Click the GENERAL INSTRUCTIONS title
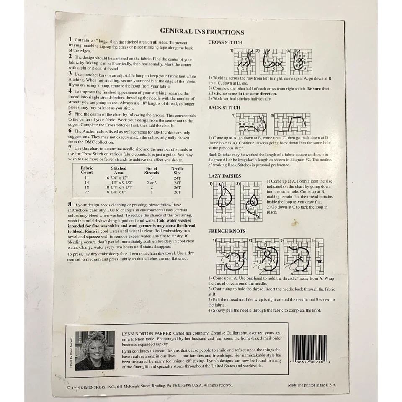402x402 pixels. [x=202, y=32]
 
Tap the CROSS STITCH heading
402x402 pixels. [x=225, y=42]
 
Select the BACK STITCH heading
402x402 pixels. [x=224, y=108]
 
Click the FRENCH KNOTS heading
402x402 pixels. [x=227, y=231]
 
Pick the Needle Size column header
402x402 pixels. [x=178, y=170]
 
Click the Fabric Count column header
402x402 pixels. [x=87, y=170]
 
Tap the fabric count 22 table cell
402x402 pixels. [x=87, y=192]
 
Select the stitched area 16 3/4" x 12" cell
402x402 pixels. [x=119, y=178]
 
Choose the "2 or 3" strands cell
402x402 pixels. [x=151, y=183]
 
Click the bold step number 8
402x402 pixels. [x=70, y=204]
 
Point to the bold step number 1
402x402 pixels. [x=70, y=39]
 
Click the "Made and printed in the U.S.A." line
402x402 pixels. [x=312, y=385]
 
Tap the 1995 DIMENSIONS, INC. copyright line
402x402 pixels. [x=149, y=385]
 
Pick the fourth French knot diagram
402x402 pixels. [x=319, y=256]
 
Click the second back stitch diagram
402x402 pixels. [x=292, y=124]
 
